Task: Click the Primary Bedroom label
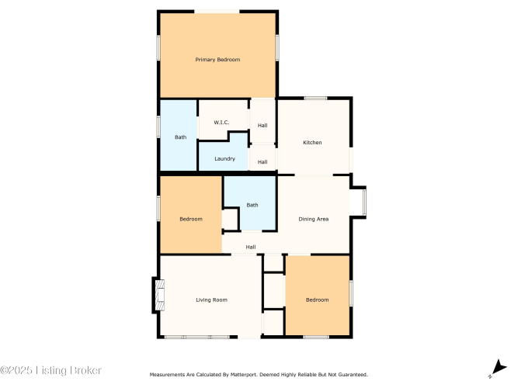[x=217, y=60]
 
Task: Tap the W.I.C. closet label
[x=221, y=123]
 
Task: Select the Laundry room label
[x=224, y=159]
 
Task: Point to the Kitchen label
[x=312, y=143]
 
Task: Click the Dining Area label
[x=314, y=219]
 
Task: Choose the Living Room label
[x=211, y=300]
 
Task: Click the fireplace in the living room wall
[x=159, y=295]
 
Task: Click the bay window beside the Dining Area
[x=363, y=202]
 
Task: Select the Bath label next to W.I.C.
[x=180, y=137]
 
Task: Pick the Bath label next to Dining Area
[x=252, y=205]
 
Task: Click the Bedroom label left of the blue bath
[x=191, y=219]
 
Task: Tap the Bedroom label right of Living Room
[x=317, y=300]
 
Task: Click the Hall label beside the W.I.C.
[x=262, y=126]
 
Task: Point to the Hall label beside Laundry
[x=262, y=162]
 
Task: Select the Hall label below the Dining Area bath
[x=251, y=247]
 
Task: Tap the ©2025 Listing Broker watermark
[x=51, y=370]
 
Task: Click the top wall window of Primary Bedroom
[x=217, y=12]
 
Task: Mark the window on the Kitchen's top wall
[x=315, y=98]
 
